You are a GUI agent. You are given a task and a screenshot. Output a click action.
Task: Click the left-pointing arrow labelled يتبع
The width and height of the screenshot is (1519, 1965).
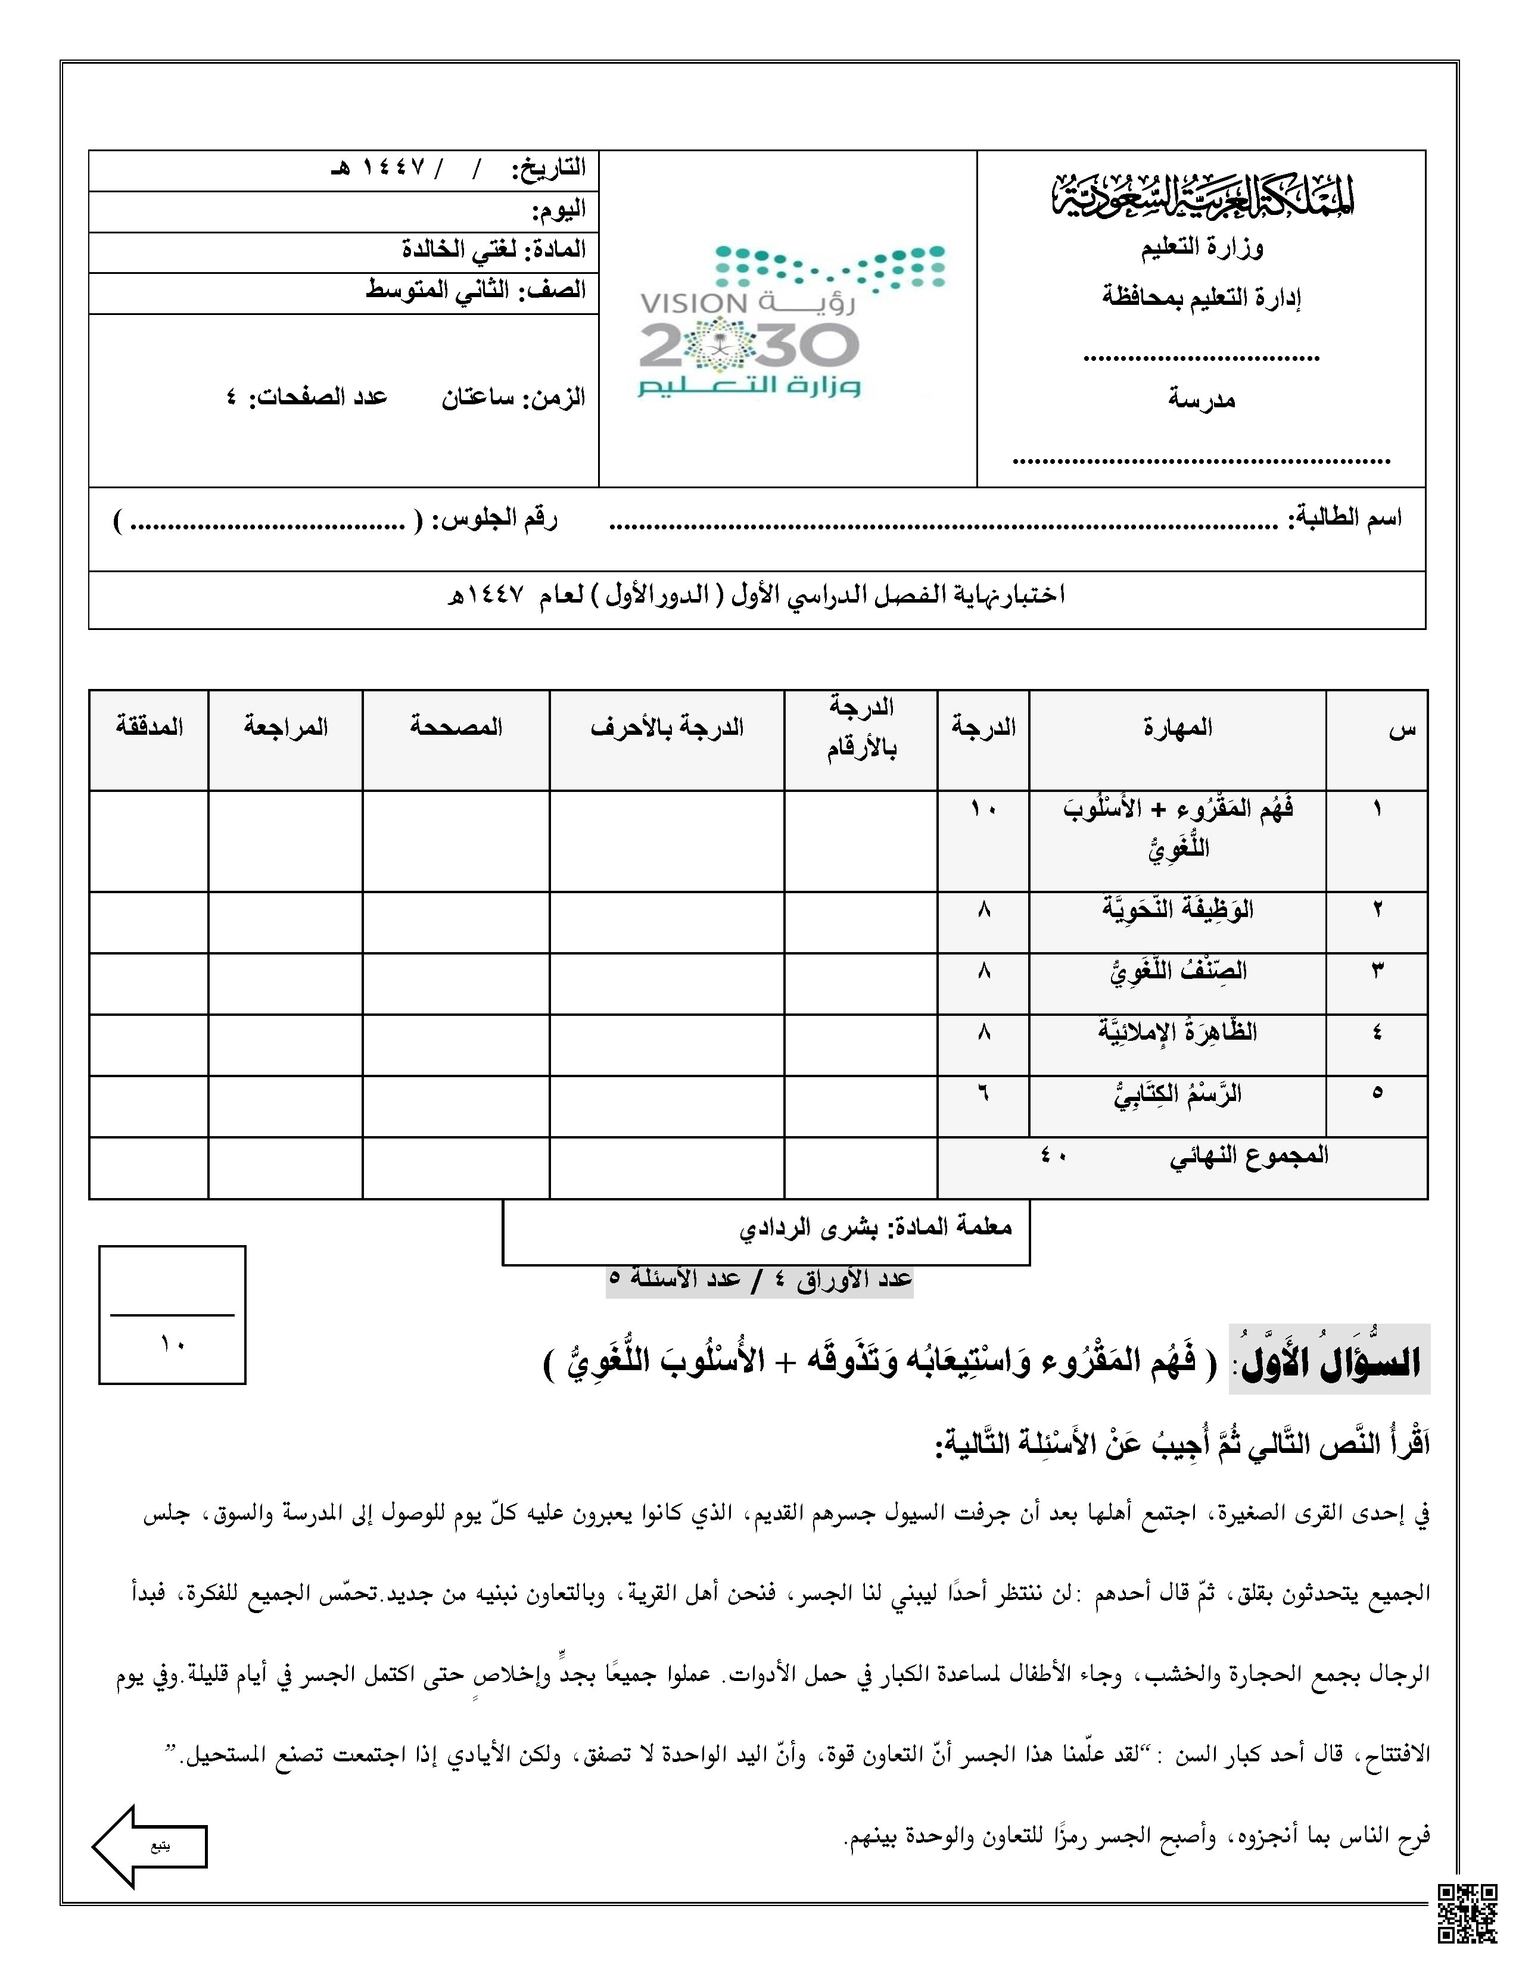coord(150,1845)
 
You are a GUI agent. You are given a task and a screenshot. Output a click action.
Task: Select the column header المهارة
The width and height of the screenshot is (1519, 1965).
coord(1177,728)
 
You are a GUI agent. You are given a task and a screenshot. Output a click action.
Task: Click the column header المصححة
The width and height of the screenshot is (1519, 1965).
coord(456,727)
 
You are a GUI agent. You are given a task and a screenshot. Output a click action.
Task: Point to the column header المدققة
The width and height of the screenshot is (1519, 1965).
coord(150,727)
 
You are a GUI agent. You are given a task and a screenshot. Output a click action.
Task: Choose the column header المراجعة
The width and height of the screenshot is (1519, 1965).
coord(285,727)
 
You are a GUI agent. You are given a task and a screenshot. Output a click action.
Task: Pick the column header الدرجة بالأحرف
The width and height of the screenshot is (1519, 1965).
coord(667,727)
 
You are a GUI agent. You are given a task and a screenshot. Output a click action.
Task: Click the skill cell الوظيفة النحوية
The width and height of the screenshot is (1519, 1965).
coord(1177,910)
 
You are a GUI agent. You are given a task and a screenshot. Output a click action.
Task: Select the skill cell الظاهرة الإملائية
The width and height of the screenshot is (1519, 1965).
coord(1177,1032)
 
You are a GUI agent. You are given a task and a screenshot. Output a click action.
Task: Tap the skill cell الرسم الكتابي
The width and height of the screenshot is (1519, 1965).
coord(1177,1094)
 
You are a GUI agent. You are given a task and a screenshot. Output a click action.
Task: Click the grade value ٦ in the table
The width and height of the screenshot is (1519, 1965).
coord(983,1093)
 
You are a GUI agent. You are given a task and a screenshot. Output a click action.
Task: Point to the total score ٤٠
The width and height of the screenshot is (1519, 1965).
coord(1053,1155)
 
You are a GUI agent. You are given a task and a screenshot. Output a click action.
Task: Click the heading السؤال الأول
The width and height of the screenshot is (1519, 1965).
coord(1330,1362)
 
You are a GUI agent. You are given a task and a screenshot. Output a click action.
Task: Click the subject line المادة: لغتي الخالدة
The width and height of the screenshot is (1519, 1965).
coord(493,249)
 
